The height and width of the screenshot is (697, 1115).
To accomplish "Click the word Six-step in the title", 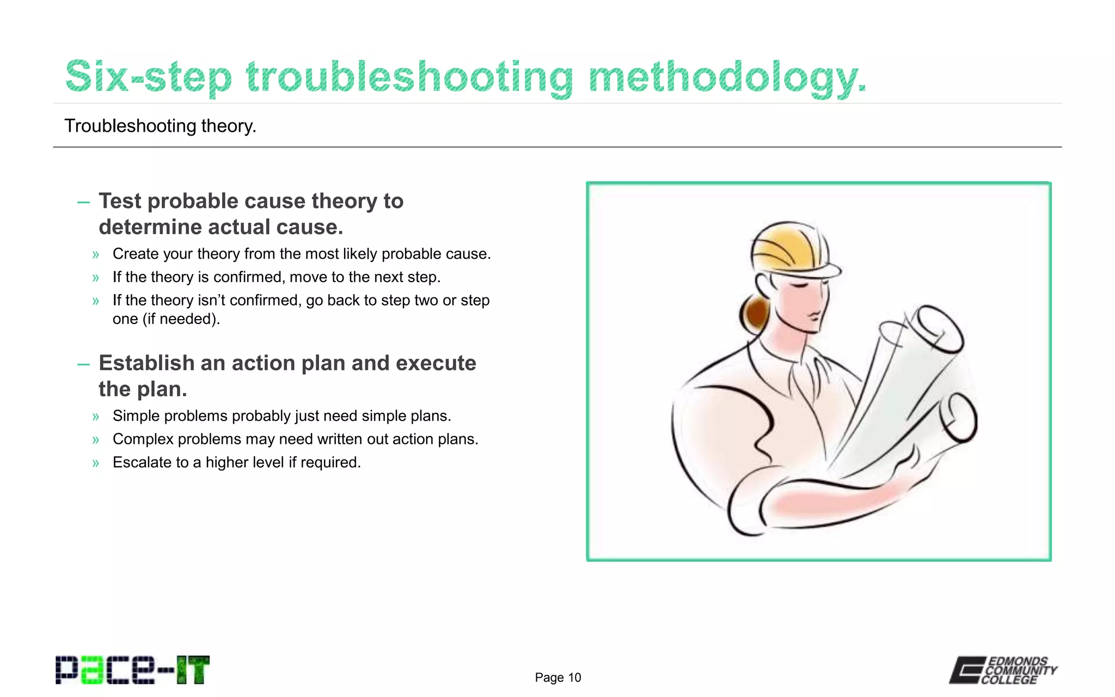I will pyautogui.click(x=148, y=77).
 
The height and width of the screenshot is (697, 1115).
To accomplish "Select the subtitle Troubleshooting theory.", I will pyautogui.click(x=160, y=126).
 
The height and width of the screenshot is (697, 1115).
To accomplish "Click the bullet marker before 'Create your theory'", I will pyautogui.click(x=96, y=254).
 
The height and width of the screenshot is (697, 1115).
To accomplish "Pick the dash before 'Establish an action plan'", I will pyautogui.click(x=83, y=364).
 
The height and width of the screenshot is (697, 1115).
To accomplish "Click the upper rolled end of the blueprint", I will pyautogui.click(x=941, y=328).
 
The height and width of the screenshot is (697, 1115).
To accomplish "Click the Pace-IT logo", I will pyautogui.click(x=132, y=670).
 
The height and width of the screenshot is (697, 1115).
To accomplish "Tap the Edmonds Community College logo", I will pyautogui.click(x=1003, y=670).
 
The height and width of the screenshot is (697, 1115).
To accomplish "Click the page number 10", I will pyautogui.click(x=574, y=677).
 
